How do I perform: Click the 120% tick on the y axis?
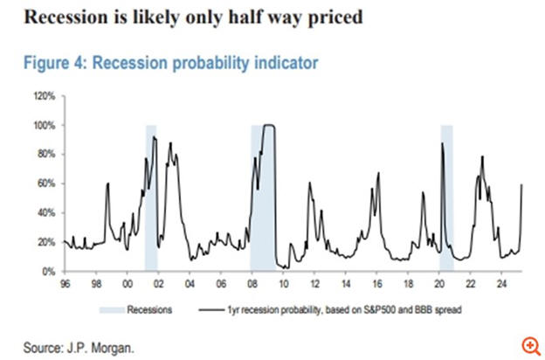(x=44, y=96)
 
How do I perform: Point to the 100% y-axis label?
(x=44, y=125)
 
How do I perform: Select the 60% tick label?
(x=45, y=183)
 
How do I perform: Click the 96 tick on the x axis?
(x=66, y=285)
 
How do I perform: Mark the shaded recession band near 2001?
(x=150, y=197)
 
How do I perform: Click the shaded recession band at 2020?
(x=446, y=197)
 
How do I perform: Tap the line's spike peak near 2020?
(x=443, y=143)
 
